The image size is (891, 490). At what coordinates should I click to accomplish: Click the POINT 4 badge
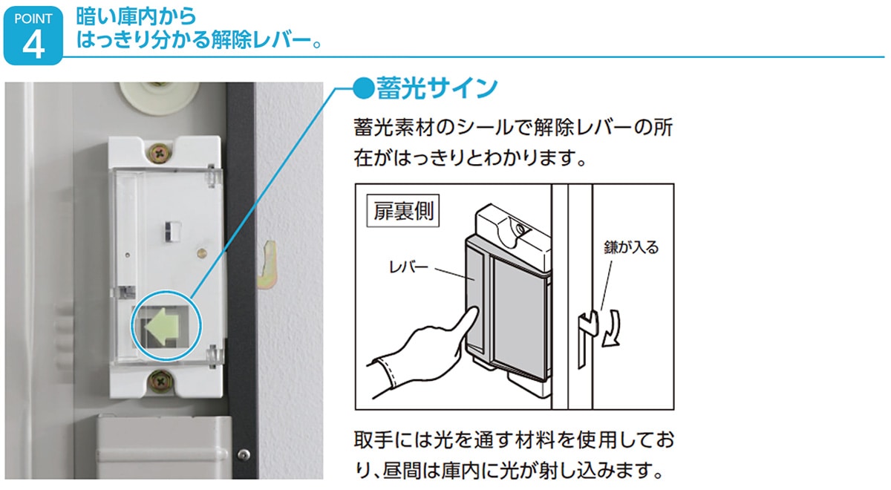coord(33,36)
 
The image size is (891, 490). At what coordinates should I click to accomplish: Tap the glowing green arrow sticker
coord(162,326)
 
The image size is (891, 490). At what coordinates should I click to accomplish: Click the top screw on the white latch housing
coord(159,153)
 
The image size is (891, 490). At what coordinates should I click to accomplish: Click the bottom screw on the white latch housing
coord(160,381)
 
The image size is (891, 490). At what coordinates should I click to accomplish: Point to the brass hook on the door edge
coord(268,264)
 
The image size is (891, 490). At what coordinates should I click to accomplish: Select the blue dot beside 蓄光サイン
coord(364,88)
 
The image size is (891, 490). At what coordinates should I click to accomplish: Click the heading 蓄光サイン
coord(437,88)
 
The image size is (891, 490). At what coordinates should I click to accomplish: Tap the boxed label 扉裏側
coord(403,210)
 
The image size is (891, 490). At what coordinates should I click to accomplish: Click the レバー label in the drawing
coord(408,267)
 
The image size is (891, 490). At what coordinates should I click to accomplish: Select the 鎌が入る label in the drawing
coord(631,247)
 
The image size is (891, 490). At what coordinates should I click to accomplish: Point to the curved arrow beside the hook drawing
coord(611,328)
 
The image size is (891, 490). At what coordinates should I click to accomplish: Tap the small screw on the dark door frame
coord(244,454)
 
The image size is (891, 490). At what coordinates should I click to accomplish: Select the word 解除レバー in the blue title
coord(261,40)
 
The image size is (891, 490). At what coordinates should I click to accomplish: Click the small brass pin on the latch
coord(202,253)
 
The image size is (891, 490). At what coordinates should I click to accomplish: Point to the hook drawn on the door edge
coord(587,339)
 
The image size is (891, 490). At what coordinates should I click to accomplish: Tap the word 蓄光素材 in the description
coord(393,128)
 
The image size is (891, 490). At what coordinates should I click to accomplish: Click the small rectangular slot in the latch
coord(173,232)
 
